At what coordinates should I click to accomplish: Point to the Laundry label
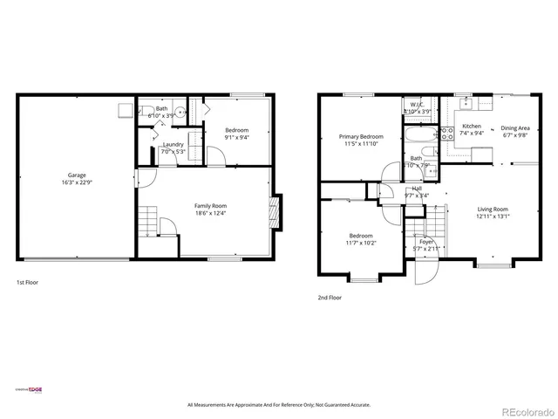[173, 144]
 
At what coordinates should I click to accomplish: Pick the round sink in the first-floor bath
[178, 112]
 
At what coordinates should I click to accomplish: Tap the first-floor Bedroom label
[236, 130]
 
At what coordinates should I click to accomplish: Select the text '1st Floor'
[27, 283]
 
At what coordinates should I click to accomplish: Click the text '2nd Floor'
[328, 298]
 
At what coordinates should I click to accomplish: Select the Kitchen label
[471, 126]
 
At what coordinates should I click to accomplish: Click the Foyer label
[426, 242]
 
